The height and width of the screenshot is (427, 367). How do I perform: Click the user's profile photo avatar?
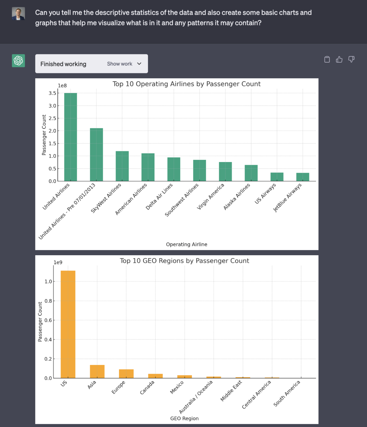(18, 13)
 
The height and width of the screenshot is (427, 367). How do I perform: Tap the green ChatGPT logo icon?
(18, 61)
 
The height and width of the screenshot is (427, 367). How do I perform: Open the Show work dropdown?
(124, 64)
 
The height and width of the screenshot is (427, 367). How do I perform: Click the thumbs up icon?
(339, 59)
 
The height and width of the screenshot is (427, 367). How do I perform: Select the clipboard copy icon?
(327, 59)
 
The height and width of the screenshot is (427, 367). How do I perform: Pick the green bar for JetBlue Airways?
(302, 177)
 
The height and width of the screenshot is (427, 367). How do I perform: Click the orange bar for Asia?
(97, 371)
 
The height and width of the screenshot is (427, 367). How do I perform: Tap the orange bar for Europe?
(126, 374)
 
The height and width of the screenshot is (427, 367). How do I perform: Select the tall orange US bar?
(68, 324)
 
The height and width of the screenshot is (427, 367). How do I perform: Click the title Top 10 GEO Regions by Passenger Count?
(184, 261)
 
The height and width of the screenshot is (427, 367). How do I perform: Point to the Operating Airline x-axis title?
(187, 244)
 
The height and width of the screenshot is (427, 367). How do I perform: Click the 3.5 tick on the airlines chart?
(52, 93)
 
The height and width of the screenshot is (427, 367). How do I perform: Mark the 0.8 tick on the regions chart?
(48, 301)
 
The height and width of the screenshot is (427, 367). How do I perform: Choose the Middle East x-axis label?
(231, 391)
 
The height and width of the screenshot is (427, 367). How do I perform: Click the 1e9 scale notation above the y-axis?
(58, 262)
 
